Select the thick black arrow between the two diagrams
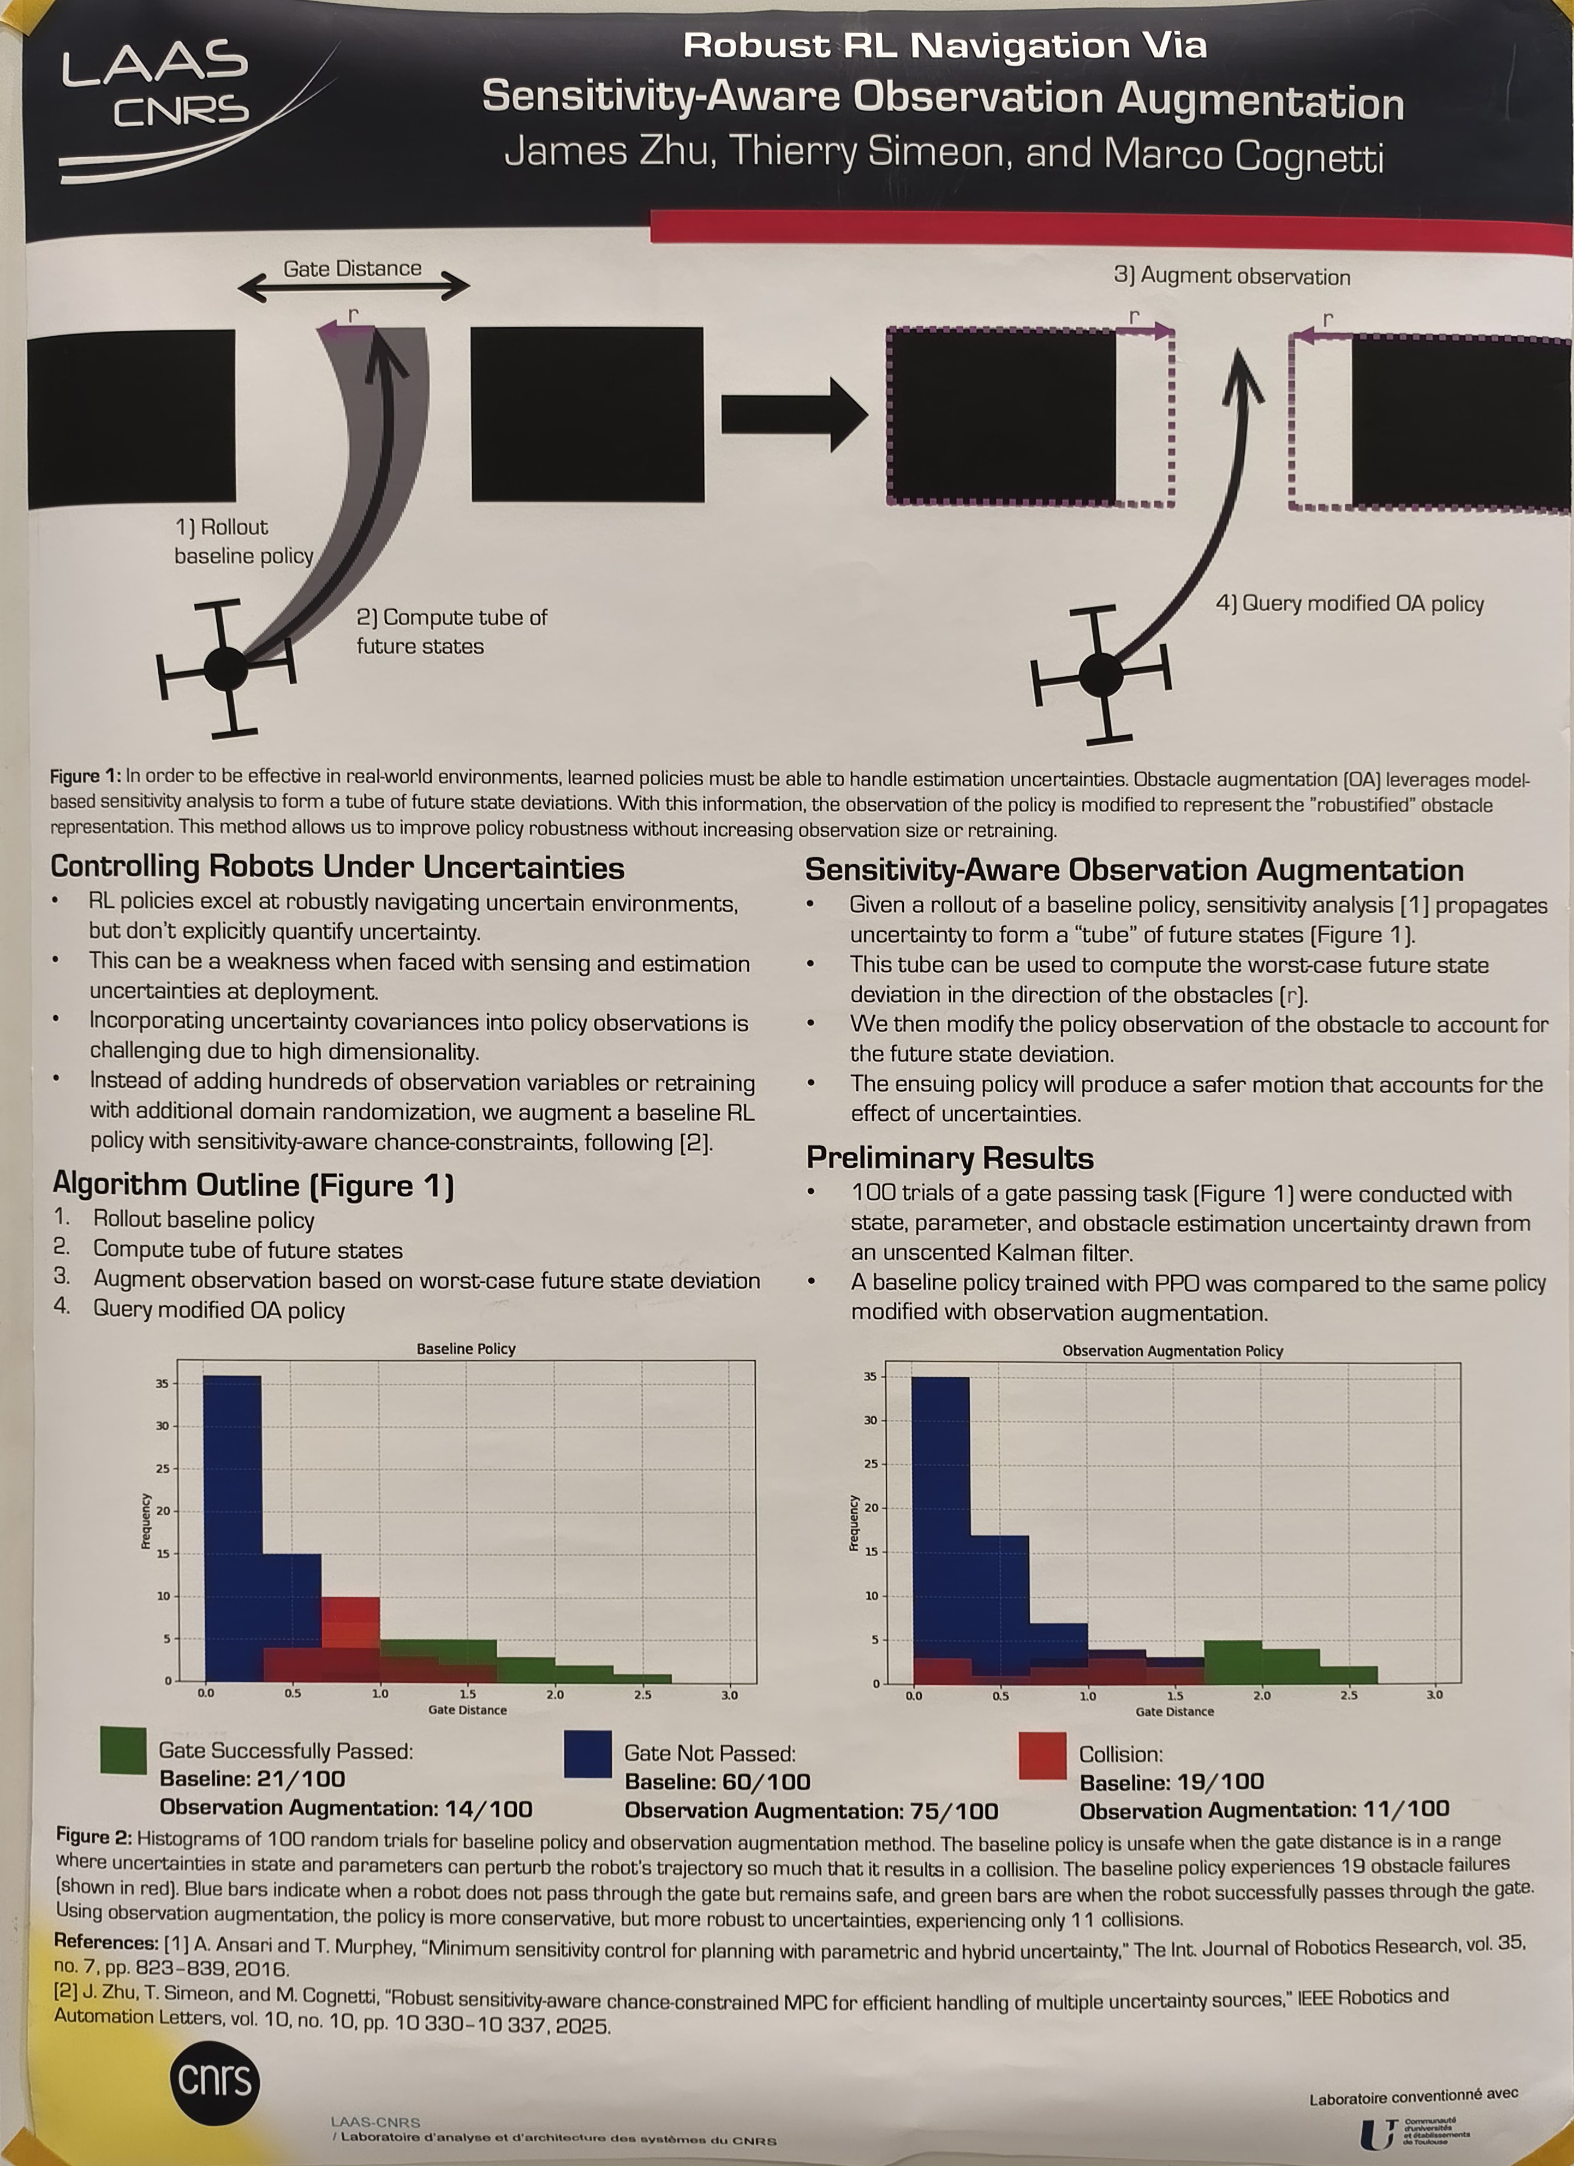(x=792, y=414)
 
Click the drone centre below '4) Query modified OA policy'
(x=1100, y=674)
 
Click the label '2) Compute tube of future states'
(x=451, y=631)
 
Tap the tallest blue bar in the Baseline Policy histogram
(x=232, y=1528)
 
